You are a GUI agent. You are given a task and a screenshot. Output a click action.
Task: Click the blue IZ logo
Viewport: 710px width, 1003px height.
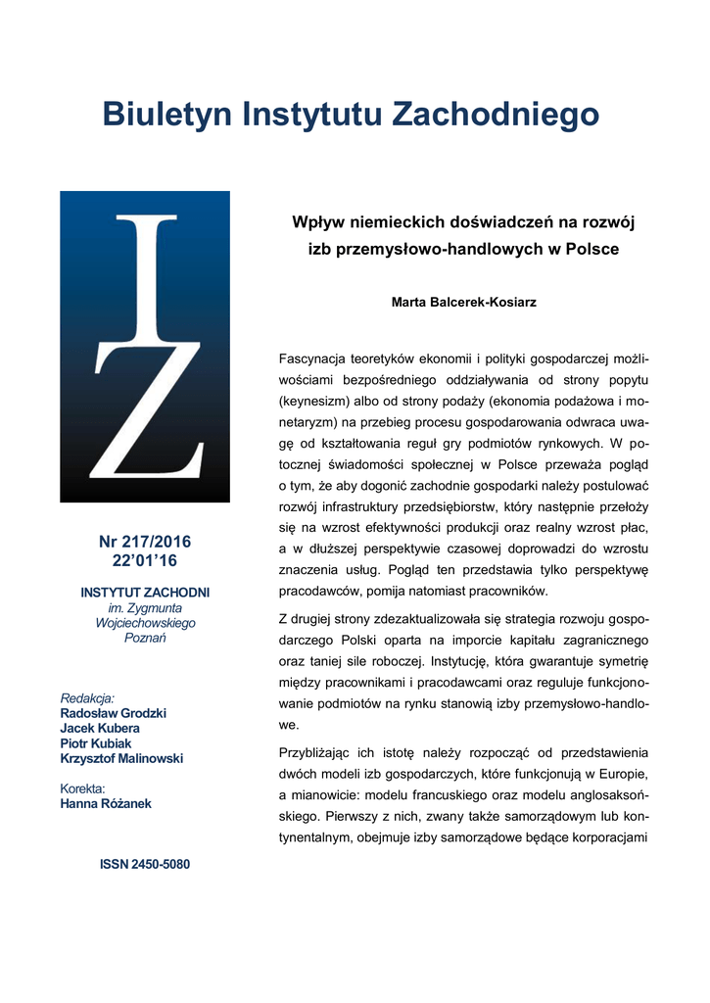[145, 347]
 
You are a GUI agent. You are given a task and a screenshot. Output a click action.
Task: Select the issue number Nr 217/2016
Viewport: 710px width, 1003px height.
[145, 542]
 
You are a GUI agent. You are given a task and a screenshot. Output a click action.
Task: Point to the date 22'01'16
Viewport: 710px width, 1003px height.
[145, 560]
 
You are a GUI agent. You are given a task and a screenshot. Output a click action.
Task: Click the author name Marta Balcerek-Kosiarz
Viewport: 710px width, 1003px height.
[464, 303]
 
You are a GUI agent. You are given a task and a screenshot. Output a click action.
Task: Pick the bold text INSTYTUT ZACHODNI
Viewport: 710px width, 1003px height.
[145, 593]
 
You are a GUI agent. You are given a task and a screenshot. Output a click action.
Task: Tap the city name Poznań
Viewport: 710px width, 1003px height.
[145, 638]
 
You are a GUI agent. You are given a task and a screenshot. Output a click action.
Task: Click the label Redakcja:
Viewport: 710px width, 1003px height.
[87, 698]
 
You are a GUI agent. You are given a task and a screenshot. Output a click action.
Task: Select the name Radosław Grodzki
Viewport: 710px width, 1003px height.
[113, 713]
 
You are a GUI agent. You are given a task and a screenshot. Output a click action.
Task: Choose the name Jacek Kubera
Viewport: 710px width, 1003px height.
[100, 728]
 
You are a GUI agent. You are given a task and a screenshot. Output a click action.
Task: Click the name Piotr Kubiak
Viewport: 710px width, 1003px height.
[96, 742]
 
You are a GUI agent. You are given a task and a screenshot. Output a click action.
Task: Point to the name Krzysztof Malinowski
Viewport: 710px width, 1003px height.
[121, 758]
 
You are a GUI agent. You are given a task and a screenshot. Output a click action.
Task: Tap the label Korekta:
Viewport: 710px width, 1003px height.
[82, 788]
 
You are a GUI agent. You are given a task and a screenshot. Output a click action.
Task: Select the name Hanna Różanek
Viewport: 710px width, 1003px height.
[106, 804]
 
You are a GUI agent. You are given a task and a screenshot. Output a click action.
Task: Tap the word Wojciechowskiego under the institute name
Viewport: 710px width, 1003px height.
[145, 623]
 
